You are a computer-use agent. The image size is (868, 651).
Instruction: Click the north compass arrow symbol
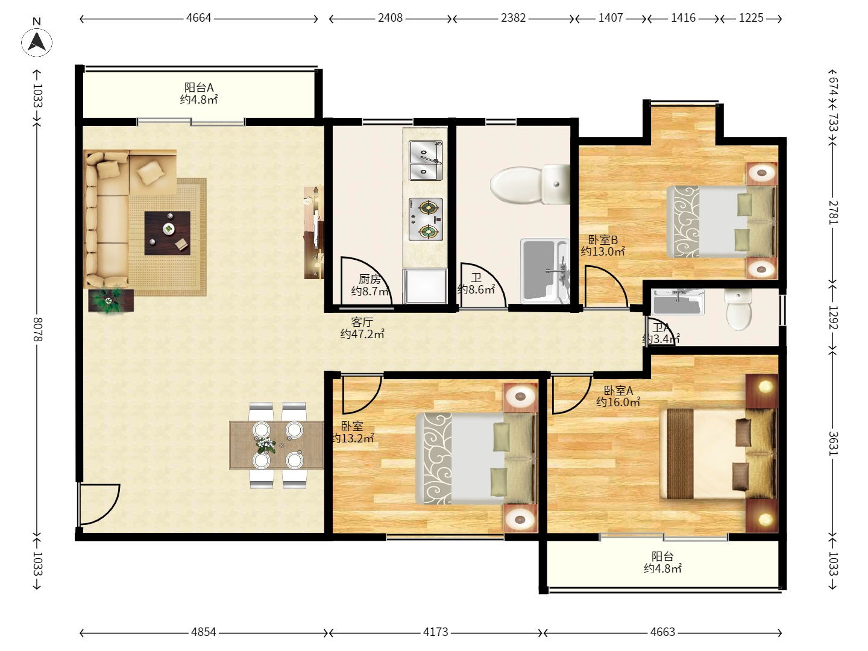[37, 42]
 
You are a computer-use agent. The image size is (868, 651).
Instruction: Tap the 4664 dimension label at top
[198, 18]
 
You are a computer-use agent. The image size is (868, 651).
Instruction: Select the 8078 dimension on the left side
[37, 329]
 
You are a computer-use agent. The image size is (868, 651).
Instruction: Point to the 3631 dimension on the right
[833, 443]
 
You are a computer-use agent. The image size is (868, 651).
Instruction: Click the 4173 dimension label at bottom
[435, 632]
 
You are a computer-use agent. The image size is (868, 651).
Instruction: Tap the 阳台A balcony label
[199, 87]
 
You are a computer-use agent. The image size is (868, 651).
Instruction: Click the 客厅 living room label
[362, 322]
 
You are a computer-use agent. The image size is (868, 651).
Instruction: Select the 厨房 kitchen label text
[370, 279]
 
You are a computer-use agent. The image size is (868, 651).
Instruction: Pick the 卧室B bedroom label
[603, 239]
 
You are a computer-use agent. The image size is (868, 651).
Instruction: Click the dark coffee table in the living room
[168, 233]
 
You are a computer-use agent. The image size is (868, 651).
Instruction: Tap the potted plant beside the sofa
[111, 300]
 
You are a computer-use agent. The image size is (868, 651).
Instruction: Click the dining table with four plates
[277, 445]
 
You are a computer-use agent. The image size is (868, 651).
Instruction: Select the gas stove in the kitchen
[426, 219]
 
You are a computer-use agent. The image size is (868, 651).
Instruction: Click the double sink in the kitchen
[426, 160]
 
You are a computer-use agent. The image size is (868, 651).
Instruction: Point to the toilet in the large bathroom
[530, 184]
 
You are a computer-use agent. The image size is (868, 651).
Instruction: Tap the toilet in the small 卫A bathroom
[738, 309]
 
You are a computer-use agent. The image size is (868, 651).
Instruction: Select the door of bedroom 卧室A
[571, 394]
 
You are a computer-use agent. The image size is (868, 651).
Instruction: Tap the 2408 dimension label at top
[390, 18]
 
